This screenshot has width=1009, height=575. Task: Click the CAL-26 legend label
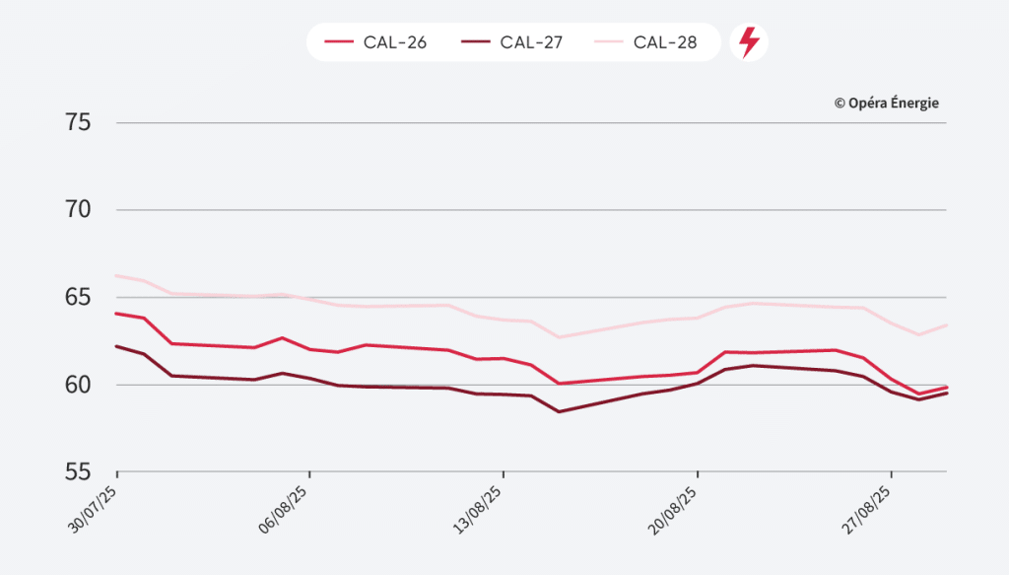click(395, 42)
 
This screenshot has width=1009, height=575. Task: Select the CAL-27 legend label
click(531, 42)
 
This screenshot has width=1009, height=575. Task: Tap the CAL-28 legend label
click(665, 42)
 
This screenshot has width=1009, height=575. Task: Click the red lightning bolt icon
click(749, 42)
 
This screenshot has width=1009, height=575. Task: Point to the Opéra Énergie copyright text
click(886, 103)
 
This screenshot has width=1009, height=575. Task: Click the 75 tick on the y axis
click(79, 123)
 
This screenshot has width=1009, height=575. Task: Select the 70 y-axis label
click(79, 210)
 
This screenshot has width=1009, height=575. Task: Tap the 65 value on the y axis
click(79, 297)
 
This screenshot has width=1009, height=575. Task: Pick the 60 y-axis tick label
click(79, 385)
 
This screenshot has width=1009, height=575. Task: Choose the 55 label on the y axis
click(79, 471)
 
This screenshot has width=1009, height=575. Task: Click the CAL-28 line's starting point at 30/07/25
click(116, 275)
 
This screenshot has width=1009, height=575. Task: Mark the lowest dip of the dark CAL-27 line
click(559, 411)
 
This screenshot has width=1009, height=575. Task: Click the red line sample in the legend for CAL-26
click(338, 42)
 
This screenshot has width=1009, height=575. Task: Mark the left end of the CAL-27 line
click(116, 346)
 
